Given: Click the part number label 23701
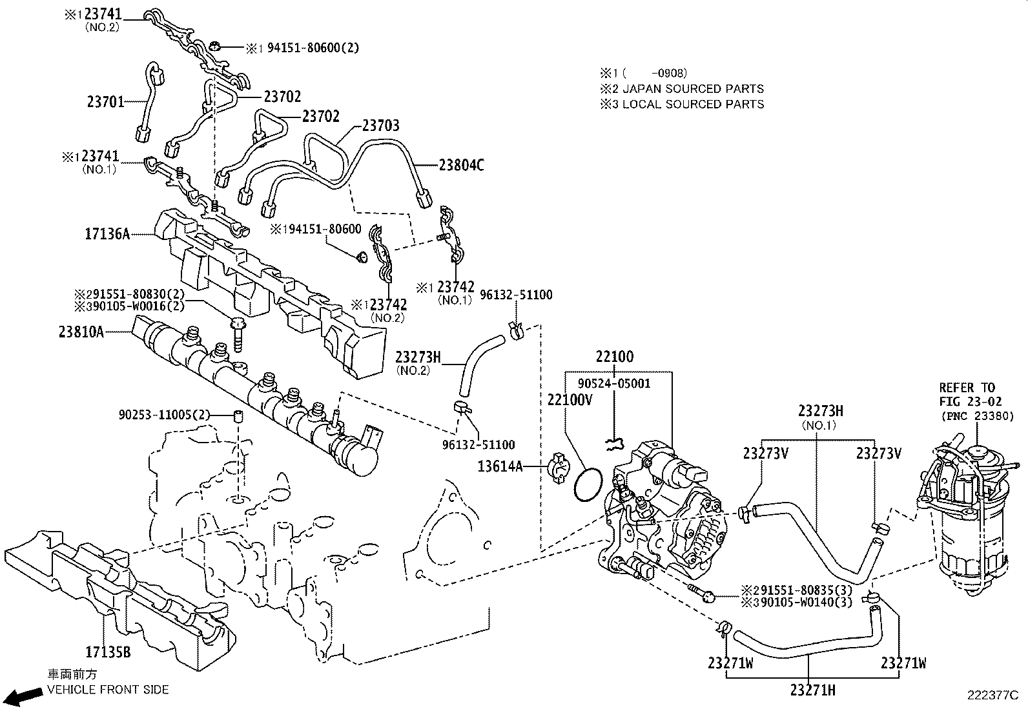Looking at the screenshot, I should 105,101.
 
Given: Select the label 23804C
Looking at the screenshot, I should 461,166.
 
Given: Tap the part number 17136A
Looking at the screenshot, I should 107,234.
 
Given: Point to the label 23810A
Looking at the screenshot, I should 81,332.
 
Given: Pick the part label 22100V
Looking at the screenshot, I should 570,400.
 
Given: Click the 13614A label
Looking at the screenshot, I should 501,466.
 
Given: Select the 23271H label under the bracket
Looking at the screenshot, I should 812,690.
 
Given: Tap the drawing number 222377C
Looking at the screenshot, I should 992,695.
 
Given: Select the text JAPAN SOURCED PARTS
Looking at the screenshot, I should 692,89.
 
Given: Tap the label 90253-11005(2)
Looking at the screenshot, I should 165,414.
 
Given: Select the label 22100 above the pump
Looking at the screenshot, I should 614,357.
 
